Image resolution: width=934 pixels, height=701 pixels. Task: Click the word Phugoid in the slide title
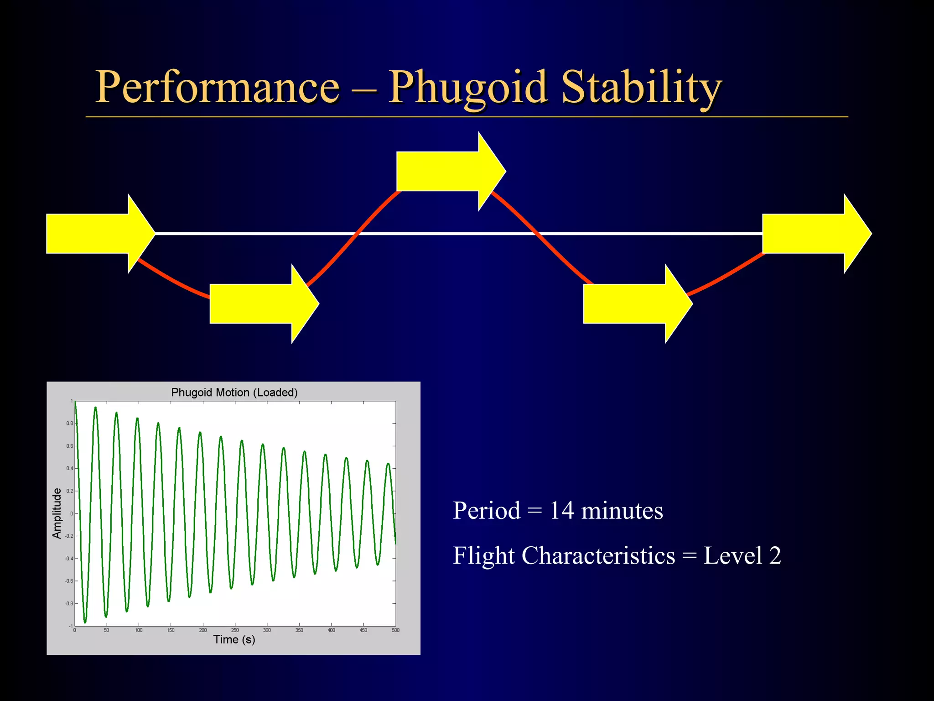point(467,88)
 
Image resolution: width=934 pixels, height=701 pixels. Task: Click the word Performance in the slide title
point(217,88)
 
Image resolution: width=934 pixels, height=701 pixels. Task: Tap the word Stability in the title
point(641,88)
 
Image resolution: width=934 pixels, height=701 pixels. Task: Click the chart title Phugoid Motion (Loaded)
point(234,392)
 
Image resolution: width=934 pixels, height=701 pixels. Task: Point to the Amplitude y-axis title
point(57,513)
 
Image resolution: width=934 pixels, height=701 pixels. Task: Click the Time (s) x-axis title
point(234,639)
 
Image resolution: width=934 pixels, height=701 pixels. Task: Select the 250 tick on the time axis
point(235,630)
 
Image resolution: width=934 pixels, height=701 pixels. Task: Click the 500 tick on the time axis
point(395,630)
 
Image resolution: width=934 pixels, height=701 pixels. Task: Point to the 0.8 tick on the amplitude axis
point(69,424)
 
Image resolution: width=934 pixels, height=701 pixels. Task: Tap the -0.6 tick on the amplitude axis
point(69,581)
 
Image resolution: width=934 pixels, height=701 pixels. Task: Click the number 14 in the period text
point(561,510)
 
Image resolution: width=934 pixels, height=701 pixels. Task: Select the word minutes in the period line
point(622,510)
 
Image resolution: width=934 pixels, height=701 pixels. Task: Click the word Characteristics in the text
point(598,556)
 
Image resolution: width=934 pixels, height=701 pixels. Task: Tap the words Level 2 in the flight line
point(742,556)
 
